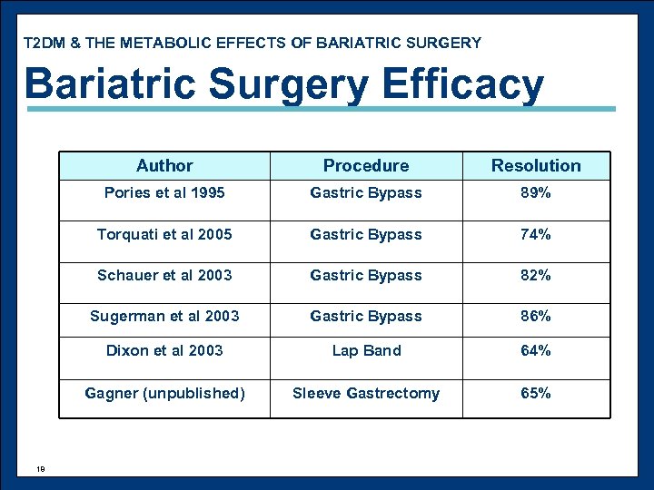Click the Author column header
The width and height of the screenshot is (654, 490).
[164, 165]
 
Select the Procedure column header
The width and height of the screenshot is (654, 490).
[366, 165]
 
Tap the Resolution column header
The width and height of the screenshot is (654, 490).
[536, 165]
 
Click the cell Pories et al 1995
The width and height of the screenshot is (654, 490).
[164, 192]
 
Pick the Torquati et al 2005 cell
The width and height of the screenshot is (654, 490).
[164, 234]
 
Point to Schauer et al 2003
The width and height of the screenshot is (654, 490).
[164, 275]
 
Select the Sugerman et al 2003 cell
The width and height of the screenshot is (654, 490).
[164, 316]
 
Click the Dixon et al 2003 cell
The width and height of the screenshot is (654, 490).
[164, 350]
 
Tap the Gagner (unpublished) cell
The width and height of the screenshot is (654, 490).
[164, 393]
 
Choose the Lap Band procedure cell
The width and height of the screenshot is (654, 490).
[366, 350]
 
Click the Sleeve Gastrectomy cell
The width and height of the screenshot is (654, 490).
[366, 393]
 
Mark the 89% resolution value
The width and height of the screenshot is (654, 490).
[536, 192]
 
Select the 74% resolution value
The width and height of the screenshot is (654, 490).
[536, 234]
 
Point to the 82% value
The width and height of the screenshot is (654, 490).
[536, 275]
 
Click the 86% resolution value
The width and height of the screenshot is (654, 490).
[536, 316]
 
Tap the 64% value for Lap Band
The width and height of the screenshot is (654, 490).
[536, 350]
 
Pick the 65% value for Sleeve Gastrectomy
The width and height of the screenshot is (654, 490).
[536, 393]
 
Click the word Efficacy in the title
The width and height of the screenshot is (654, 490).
[463, 84]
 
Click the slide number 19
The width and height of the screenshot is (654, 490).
[41, 468]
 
